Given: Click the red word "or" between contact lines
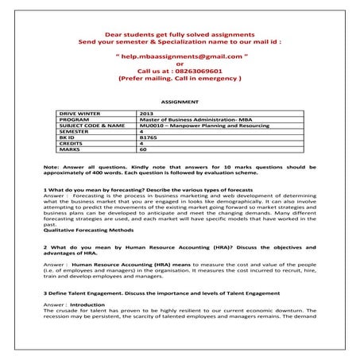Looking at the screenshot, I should point(179,64).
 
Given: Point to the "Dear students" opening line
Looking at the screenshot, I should point(179,33).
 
